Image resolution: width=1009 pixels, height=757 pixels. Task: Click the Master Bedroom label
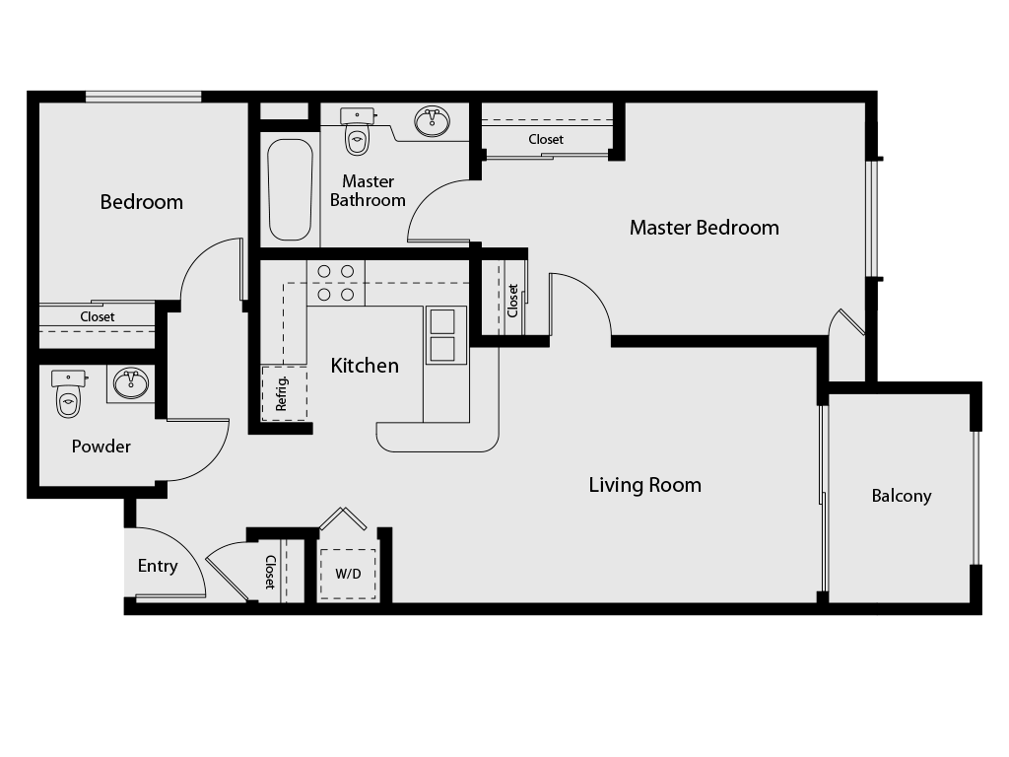tap(704, 228)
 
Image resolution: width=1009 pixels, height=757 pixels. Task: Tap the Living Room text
tap(644, 485)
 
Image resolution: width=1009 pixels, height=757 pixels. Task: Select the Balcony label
tap(902, 496)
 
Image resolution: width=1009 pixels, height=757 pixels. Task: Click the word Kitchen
tap(365, 366)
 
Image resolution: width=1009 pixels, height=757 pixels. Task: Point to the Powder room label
tap(101, 447)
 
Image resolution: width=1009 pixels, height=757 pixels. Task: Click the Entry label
tap(158, 566)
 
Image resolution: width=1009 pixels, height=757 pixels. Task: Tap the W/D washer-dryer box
tap(348, 574)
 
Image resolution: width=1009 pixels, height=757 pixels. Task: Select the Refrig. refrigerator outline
tap(285, 393)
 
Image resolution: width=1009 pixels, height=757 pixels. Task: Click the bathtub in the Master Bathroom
tap(291, 190)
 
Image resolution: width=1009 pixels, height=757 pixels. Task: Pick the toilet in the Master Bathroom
tap(357, 131)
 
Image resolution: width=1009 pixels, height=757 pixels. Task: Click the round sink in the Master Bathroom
tap(432, 121)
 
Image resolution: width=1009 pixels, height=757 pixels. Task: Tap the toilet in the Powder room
tap(68, 394)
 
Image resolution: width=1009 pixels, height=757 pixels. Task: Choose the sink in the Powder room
tap(131, 383)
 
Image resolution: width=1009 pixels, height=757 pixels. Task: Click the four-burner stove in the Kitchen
tap(336, 283)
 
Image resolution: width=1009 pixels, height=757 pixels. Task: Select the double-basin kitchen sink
tap(442, 335)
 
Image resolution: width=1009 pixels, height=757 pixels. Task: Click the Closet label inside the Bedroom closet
tap(98, 316)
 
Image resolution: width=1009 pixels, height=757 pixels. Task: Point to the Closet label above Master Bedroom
tap(546, 139)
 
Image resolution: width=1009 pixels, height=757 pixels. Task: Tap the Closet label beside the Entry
tap(270, 573)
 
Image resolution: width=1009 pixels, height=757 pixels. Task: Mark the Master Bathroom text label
tap(368, 190)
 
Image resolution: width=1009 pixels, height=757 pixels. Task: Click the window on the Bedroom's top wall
tap(144, 98)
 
